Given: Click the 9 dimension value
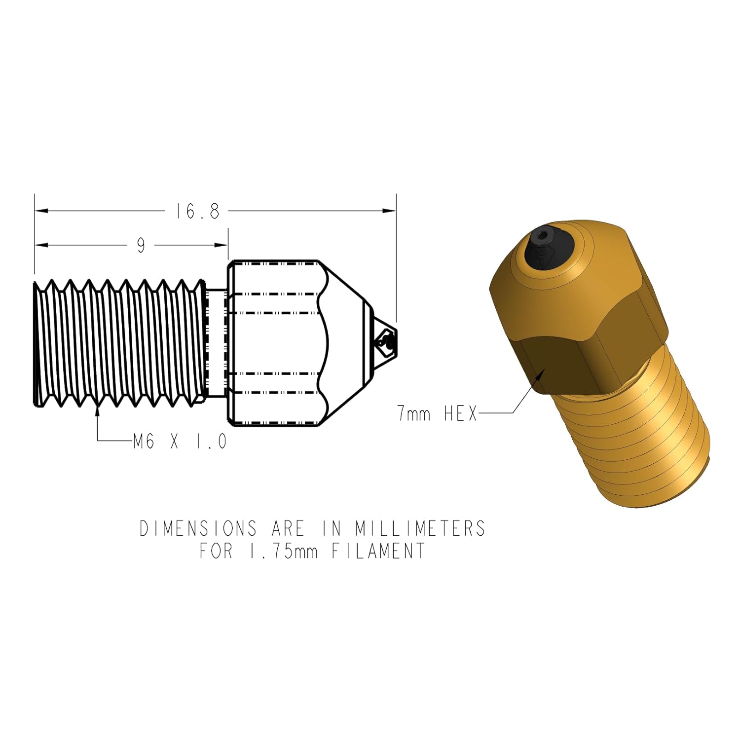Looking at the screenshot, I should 142,245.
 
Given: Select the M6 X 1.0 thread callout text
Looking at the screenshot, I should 180,441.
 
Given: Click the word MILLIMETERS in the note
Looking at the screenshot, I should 420,528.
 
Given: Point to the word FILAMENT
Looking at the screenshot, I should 378,551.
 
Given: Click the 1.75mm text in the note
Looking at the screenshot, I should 281,551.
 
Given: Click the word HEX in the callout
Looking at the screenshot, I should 461,413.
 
